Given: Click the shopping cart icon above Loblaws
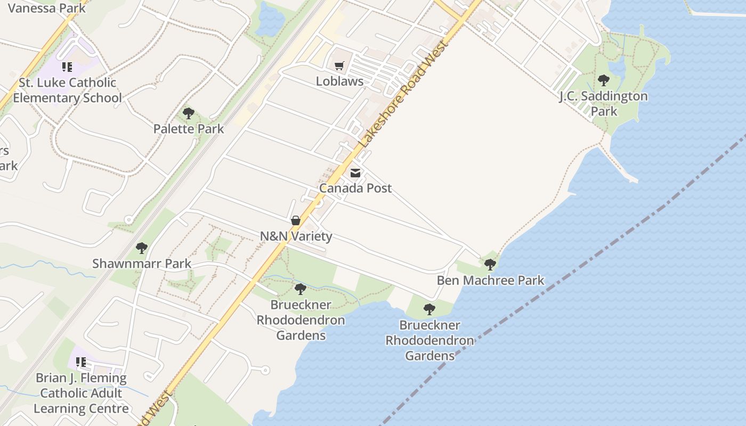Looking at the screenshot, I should [339, 66].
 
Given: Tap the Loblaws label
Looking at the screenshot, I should [339, 81].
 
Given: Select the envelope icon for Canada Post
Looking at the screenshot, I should [355, 173].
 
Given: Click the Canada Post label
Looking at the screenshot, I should [355, 188].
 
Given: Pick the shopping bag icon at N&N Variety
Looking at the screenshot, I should [296, 220].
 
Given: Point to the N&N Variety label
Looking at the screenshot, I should [296, 236].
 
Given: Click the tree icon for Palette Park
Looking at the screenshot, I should [188, 113].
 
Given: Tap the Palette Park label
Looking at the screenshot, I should [189, 129].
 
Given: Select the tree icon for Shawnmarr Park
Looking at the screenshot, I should [142, 248].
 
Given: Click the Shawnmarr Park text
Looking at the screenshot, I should [142, 264].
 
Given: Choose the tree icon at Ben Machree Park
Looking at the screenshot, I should [490, 265].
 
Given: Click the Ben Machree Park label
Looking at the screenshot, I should [491, 280].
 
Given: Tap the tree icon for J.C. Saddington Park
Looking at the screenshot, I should [604, 80].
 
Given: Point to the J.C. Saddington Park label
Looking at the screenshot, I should [603, 104].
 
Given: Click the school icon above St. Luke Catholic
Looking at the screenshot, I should [67, 67].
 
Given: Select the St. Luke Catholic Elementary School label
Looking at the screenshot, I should [67, 91].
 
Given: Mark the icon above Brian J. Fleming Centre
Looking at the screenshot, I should [81, 363].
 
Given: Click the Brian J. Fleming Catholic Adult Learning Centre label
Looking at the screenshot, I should [82, 394].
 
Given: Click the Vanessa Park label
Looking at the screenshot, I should [46, 8].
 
